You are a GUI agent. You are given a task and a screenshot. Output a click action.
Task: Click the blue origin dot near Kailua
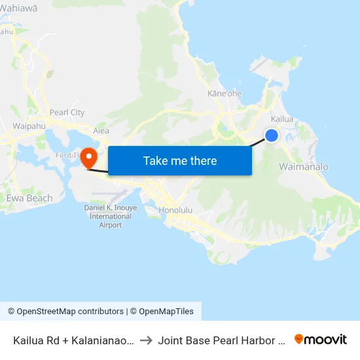click(272, 135)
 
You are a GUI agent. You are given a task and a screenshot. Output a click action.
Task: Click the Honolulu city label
click(175, 211)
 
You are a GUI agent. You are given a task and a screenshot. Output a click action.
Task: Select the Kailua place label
click(282, 119)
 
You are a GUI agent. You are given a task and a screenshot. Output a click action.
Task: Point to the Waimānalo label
click(303, 167)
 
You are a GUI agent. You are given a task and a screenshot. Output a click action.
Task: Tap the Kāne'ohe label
click(225, 94)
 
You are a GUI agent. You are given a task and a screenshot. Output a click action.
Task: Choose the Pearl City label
click(67, 113)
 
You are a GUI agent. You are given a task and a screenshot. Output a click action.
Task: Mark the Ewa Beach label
click(29, 198)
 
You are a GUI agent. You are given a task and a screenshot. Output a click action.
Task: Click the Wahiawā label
click(19, 7)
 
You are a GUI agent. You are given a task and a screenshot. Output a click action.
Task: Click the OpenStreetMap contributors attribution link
click(66, 312)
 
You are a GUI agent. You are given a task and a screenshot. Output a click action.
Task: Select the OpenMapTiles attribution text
click(164, 312)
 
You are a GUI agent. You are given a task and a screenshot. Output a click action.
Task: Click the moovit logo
click(321, 340)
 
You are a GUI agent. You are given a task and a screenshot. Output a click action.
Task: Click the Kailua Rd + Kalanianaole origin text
click(74, 340)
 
